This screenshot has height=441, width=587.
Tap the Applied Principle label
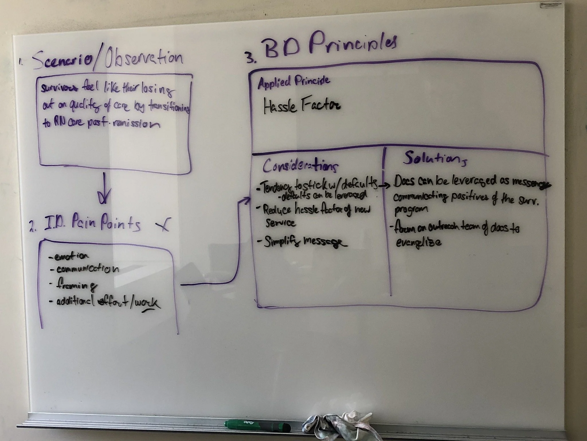click(293, 82)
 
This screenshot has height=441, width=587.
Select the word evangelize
click(418, 243)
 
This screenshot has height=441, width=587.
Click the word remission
click(136, 124)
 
